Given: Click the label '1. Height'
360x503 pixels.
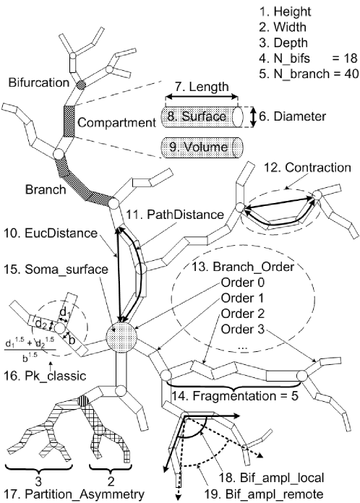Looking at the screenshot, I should pyautogui.click(x=302, y=12).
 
